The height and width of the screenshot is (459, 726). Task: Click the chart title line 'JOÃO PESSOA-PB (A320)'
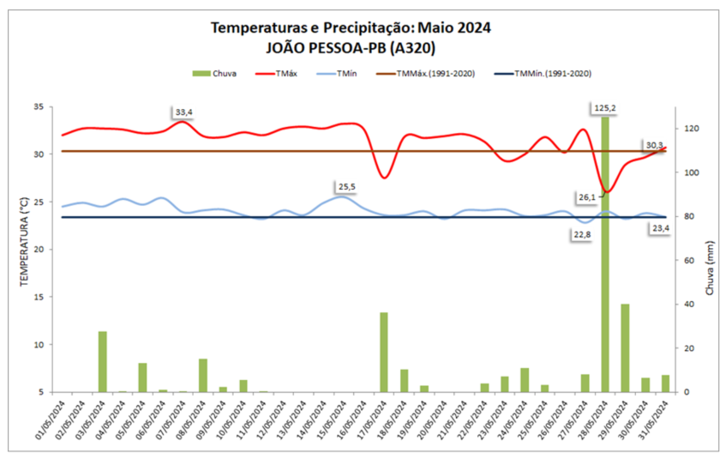click(x=351, y=48)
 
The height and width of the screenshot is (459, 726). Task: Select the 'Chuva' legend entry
click(x=213, y=75)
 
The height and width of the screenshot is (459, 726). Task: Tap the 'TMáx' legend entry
click(x=276, y=75)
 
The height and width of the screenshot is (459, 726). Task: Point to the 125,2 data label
click(x=607, y=108)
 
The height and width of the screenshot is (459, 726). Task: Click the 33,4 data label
click(x=183, y=112)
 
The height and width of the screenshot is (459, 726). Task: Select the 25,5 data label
click(x=347, y=186)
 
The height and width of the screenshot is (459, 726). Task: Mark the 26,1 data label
click(x=587, y=197)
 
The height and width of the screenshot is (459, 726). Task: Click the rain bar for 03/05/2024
click(x=102, y=361)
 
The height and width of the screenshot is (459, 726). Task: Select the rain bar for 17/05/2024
click(x=384, y=352)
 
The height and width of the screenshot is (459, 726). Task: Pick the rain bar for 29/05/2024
click(x=625, y=347)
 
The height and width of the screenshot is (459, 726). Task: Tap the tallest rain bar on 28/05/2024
click(x=605, y=257)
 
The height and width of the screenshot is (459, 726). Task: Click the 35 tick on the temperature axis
click(x=39, y=107)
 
